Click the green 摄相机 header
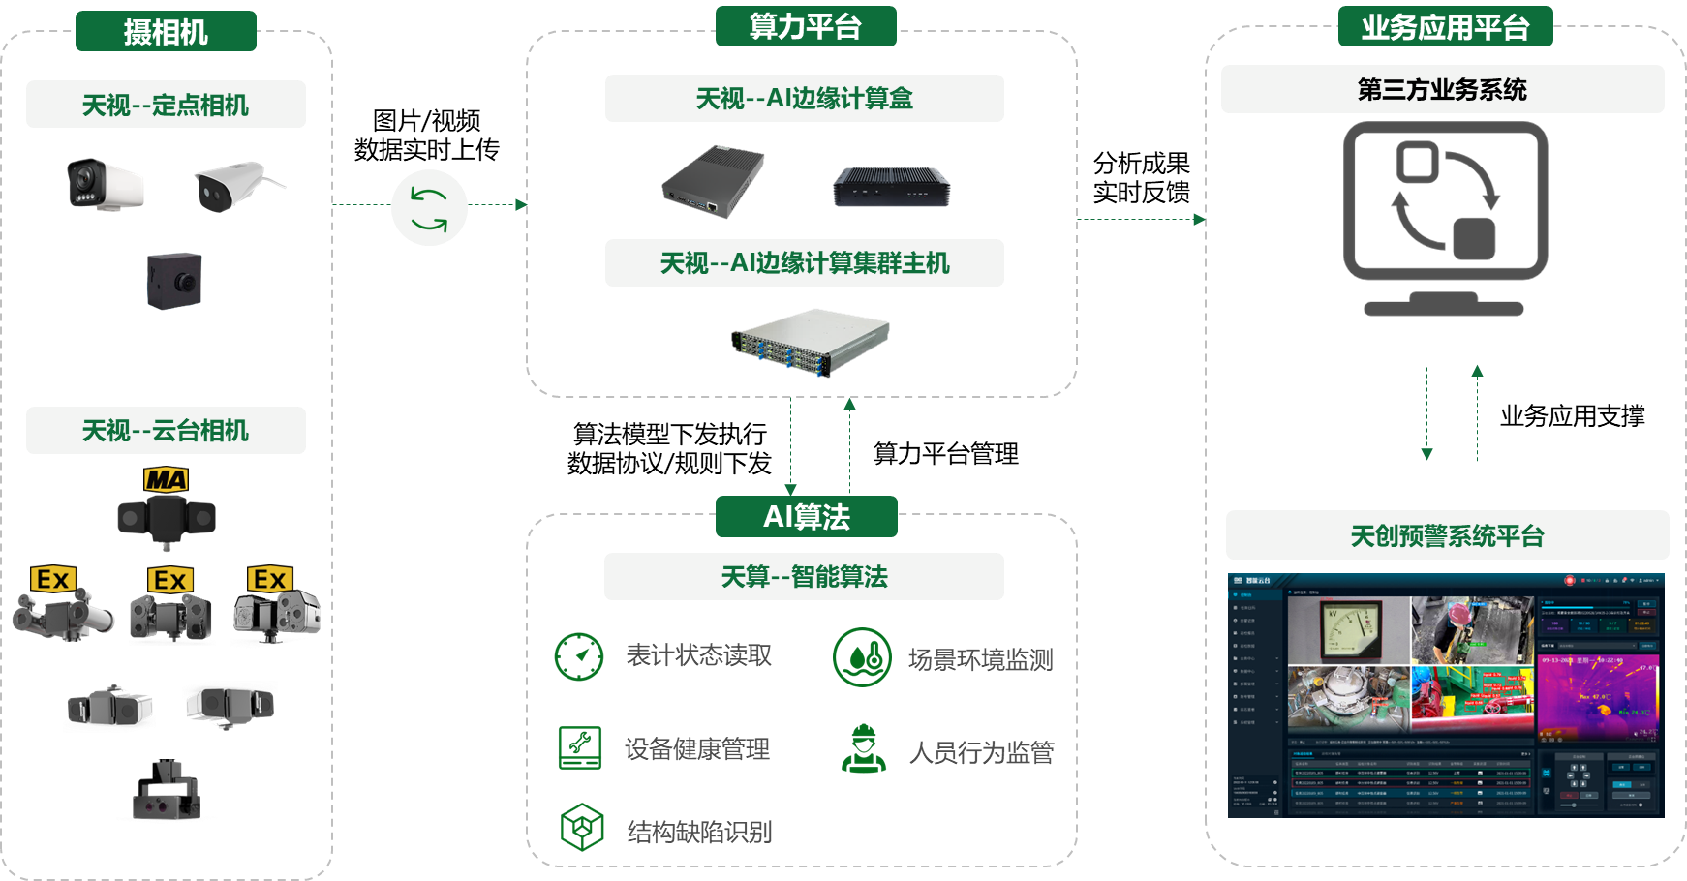[166, 32]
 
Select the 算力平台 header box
[806, 26]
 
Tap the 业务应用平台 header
[1445, 27]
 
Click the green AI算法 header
[806, 517]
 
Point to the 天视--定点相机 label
[166, 105]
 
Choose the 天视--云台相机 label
[166, 431]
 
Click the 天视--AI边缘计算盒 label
[804, 99]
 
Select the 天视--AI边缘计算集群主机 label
[804, 263]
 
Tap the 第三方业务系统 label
[1442, 90]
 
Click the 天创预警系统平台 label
[1447, 535]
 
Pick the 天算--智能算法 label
[804, 577]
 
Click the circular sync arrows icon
[429, 208]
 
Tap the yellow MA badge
[166, 480]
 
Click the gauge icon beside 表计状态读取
[579, 656]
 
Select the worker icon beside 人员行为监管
[863, 748]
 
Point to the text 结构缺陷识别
[699, 832]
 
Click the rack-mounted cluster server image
[812, 342]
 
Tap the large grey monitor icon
[1445, 218]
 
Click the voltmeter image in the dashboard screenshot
[1347, 629]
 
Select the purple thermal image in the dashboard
[1597, 697]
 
